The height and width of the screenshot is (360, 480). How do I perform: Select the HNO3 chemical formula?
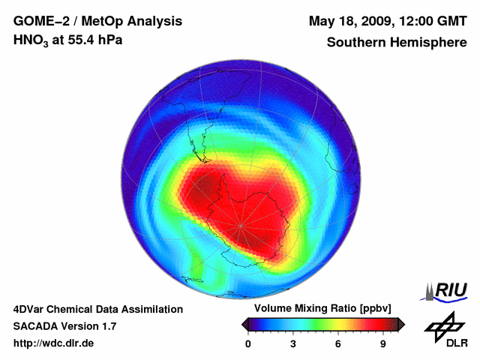click(32, 40)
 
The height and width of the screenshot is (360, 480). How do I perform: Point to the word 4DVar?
click(29, 309)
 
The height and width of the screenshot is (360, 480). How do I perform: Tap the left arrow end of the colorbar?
click(244, 324)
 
